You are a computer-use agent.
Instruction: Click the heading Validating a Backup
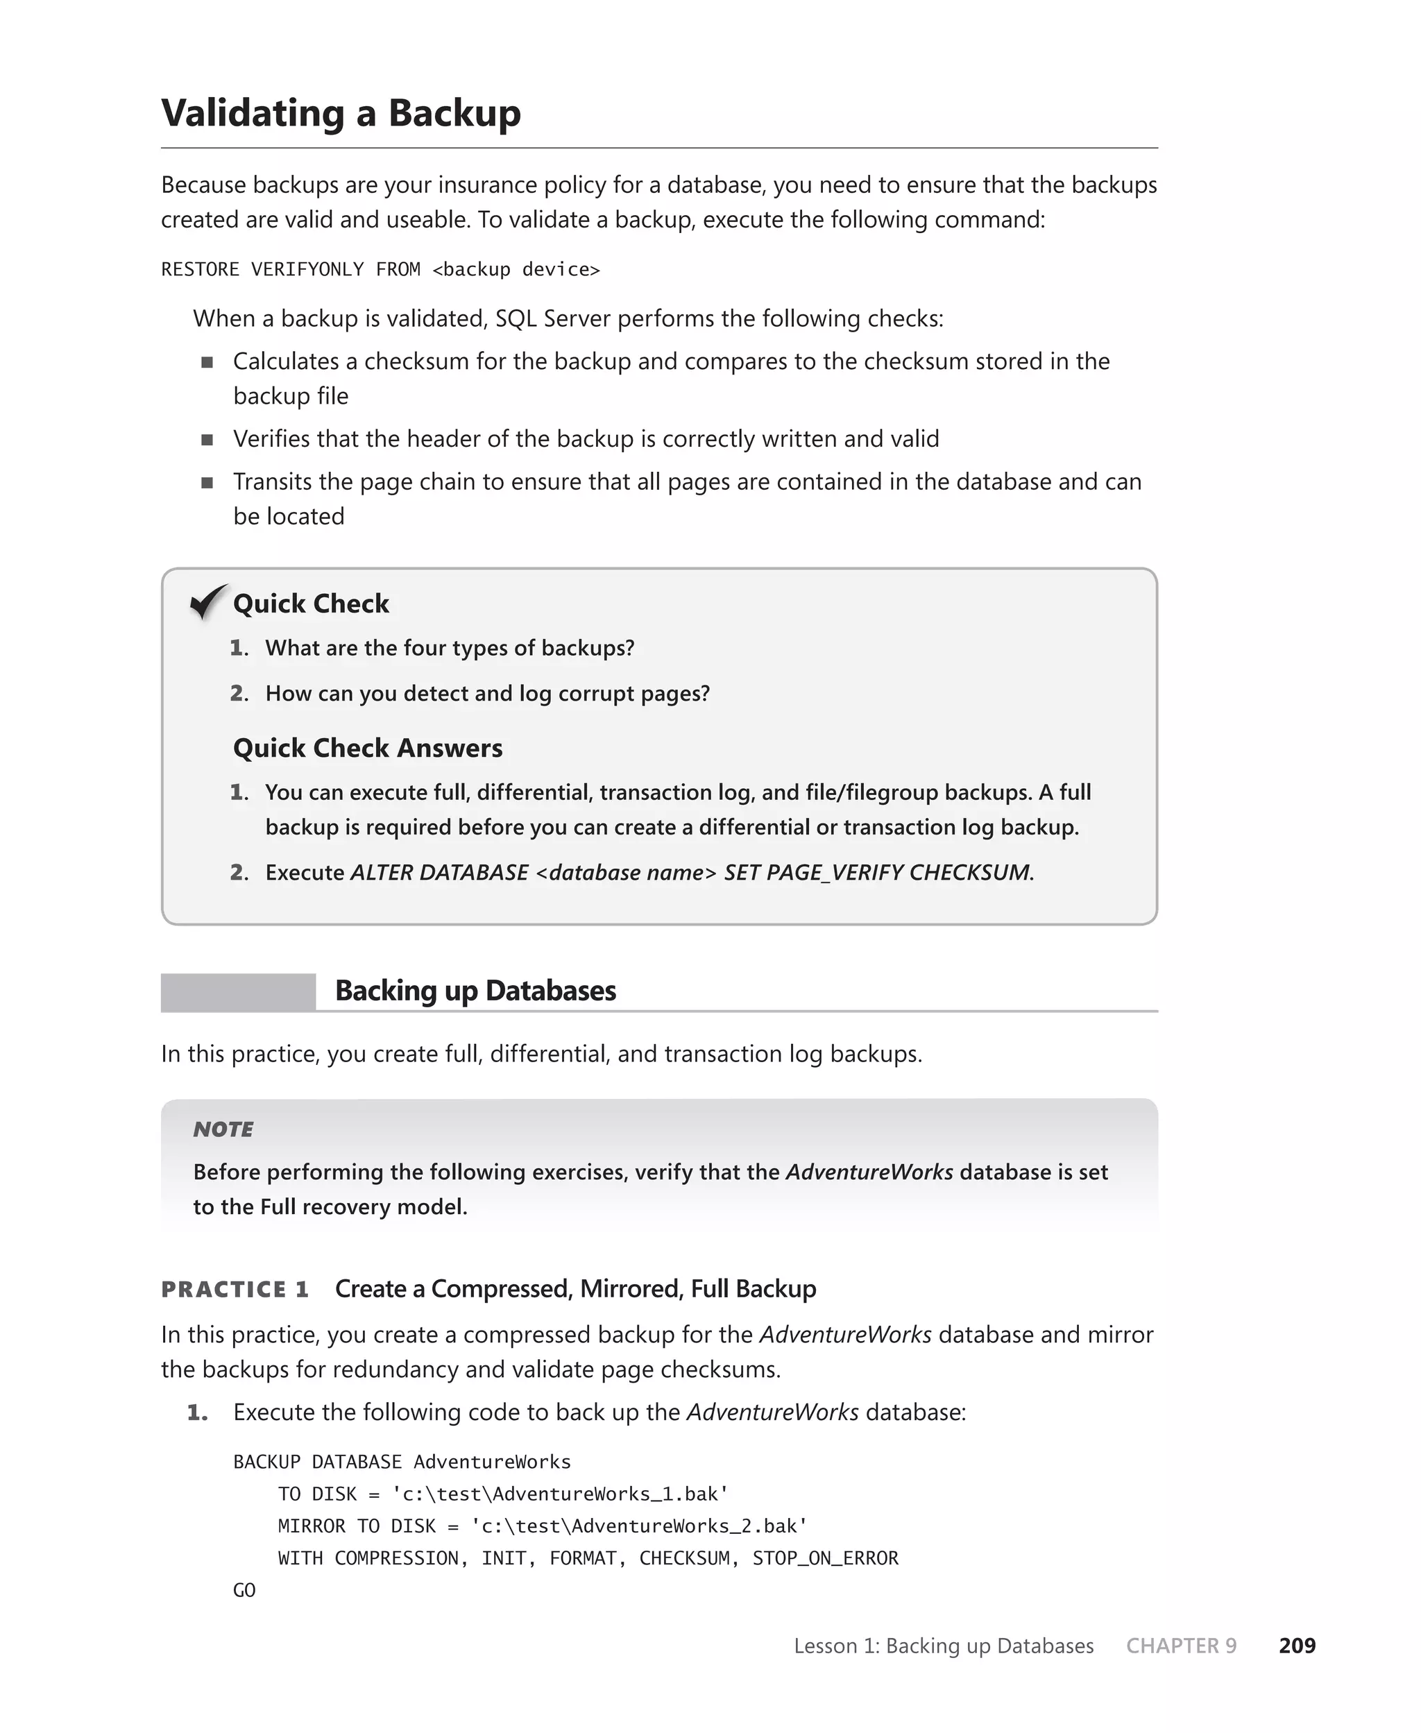coord(341,113)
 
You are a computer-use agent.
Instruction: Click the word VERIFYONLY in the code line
coord(307,270)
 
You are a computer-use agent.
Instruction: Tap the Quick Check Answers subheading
coord(368,748)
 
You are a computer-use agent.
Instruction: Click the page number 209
coord(1297,1646)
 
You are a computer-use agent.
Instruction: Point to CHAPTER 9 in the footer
coord(1180,1646)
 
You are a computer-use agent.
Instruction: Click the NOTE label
coord(223,1129)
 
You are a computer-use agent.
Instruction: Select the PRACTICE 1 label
coord(235,1290)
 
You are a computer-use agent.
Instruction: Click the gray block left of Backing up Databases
coord(238,991)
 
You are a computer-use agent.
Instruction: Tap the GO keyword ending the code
coord(244,1590)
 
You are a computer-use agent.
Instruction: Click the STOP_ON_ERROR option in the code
coord(825,1558)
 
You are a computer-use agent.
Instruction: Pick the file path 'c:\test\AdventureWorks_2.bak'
coord(639,1526)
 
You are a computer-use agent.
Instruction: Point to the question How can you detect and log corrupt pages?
coord(487,694)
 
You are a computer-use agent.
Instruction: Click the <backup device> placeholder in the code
coord(516,270)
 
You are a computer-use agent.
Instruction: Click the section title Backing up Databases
coord(475,991)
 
